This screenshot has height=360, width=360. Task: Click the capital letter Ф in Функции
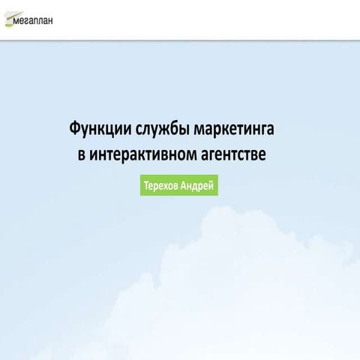click(x=74, y=130)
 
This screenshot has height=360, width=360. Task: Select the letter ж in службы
click(x=166, y=130)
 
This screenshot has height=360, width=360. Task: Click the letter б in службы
click(x=176, y=130)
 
